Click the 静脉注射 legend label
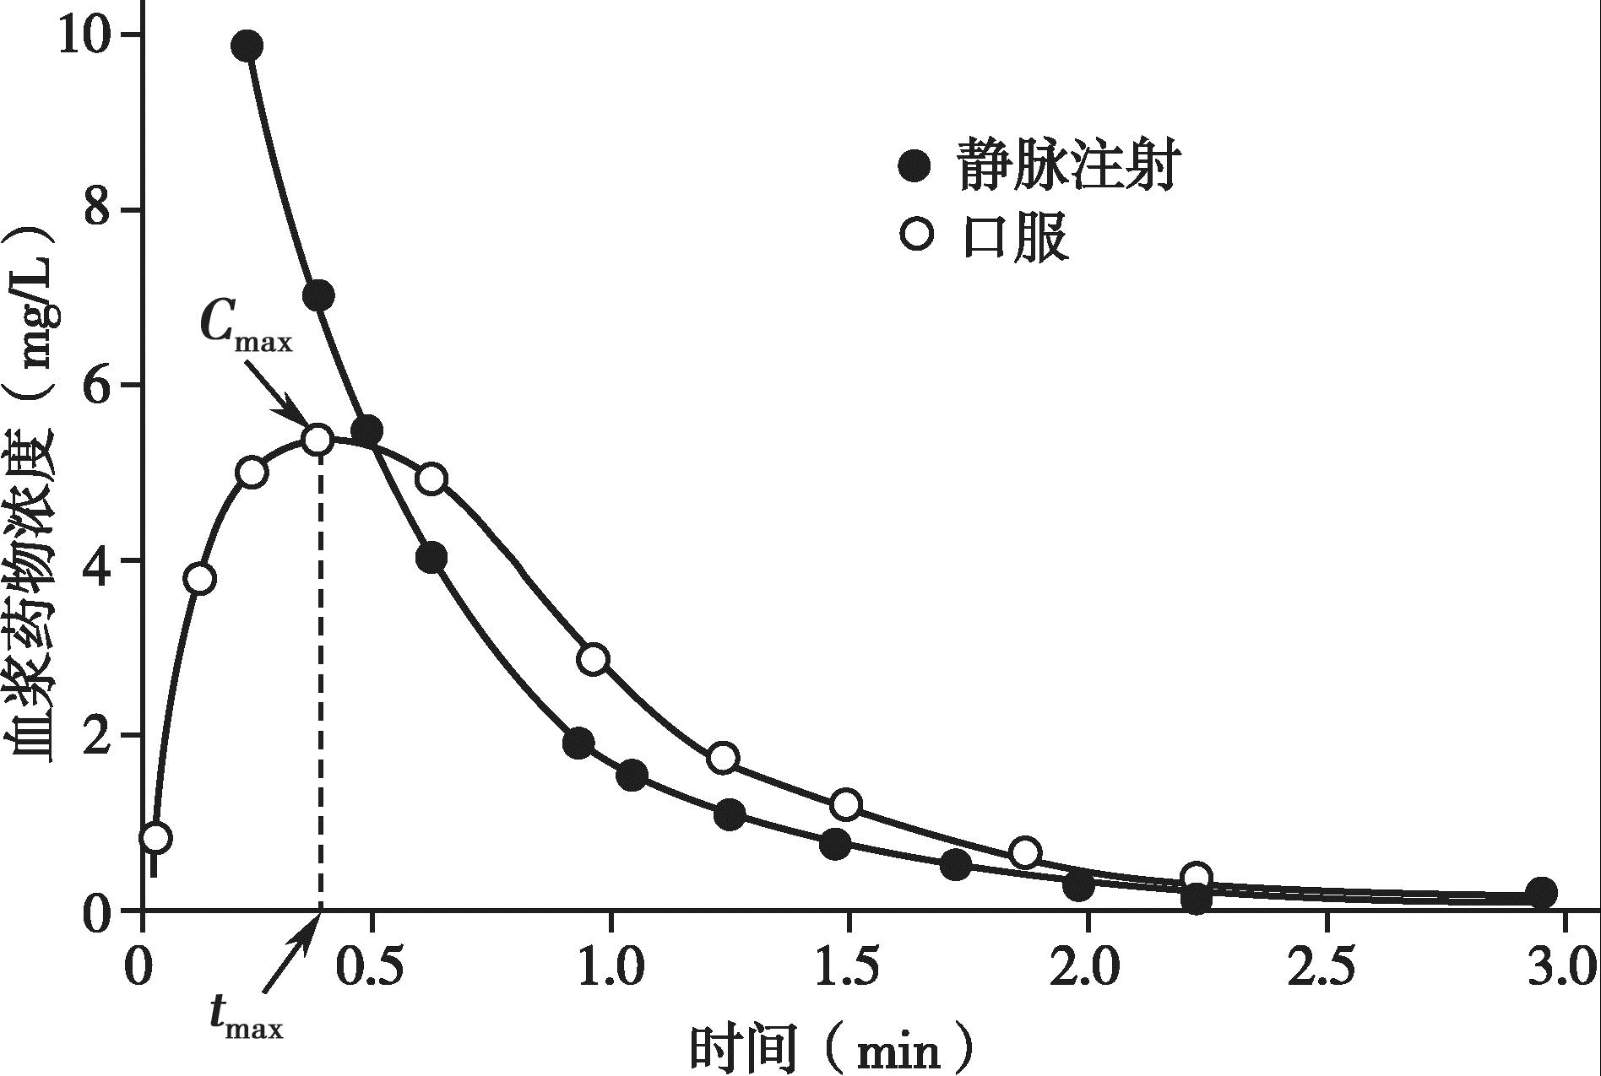(1067, 165)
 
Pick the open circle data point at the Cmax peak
(317, 440)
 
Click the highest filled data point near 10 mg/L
(247, 46)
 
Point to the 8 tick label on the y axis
(99, 209)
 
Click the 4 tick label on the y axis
(99, 561)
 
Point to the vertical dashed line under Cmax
(320, 675)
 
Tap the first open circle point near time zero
(157, 838)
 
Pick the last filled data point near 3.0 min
(1542, 892)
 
